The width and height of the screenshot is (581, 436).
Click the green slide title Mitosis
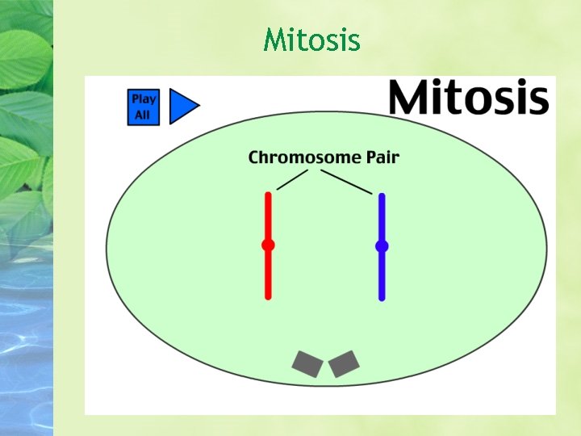[311, 39]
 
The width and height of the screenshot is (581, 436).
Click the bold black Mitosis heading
[469, 99]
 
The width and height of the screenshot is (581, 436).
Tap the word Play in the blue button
[144, 99]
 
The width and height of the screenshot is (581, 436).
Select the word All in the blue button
[142, 115]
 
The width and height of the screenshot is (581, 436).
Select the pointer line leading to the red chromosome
[292, 179]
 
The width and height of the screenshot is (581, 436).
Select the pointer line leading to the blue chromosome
[346, 182]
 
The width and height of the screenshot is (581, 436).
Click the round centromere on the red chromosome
[268, 245]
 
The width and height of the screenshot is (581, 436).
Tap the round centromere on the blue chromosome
[382, 245]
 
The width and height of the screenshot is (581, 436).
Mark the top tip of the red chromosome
[268, 195]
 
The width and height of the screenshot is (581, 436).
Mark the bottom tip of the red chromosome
[268, 296]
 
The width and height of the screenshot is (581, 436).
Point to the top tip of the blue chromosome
[382, 196]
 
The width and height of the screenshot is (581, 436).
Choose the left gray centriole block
[308, 364]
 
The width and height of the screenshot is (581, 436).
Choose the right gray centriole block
[344, 364]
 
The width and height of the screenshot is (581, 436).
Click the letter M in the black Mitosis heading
[410, 99]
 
